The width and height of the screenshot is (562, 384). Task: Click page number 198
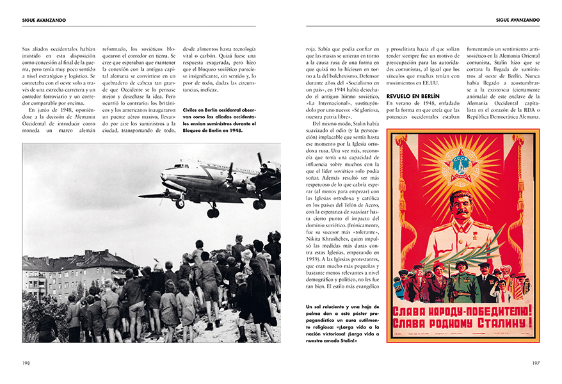point(26,363)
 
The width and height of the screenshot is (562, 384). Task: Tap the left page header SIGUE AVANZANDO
point(44,20)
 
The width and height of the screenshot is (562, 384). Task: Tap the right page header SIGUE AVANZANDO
point(518,20)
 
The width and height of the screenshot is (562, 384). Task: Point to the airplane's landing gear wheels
point(213,212)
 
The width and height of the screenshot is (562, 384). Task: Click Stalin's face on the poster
point(462,207)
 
